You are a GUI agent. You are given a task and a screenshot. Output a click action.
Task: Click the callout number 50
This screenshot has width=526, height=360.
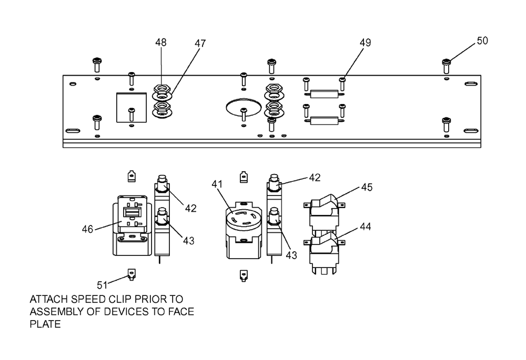point(482,40)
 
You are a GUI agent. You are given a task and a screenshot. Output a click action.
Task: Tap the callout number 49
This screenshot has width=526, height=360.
point(366,43)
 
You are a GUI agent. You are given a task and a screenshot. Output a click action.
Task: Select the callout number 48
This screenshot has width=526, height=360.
point(160,42)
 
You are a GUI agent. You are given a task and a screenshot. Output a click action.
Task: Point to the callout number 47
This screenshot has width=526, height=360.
point(200,43)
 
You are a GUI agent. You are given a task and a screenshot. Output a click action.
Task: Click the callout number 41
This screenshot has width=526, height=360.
point(217,184)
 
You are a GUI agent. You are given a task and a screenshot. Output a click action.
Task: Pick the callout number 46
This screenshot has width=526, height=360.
point(87,229)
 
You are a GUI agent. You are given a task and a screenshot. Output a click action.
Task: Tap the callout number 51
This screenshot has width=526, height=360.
point(103,285)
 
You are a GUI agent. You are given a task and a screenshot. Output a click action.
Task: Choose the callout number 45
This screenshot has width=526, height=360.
point(367,187)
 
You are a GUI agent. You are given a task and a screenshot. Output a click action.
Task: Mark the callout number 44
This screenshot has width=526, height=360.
point(366,227)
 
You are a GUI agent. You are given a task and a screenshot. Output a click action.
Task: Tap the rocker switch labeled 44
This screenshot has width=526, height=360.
point(324,253)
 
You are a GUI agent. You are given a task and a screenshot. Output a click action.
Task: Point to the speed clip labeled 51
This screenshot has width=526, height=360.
point(131,274)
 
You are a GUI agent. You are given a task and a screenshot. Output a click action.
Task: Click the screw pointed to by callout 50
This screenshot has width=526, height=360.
point(446,66)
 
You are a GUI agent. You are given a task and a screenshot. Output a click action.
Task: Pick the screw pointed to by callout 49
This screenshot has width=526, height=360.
point(342,84)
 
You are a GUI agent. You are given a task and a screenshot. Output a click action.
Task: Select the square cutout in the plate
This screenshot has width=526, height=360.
point(131,108)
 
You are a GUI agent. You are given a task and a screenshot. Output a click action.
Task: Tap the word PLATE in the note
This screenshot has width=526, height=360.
point(45,324)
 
